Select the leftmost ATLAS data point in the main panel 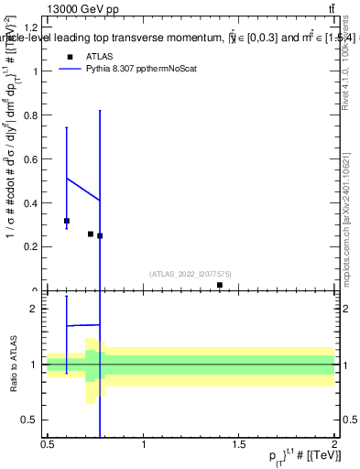point(67,221)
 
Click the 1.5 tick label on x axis point(238,445)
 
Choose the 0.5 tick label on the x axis point(48,445)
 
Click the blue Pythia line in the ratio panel point(83,325)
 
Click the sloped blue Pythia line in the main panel point(83,189)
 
